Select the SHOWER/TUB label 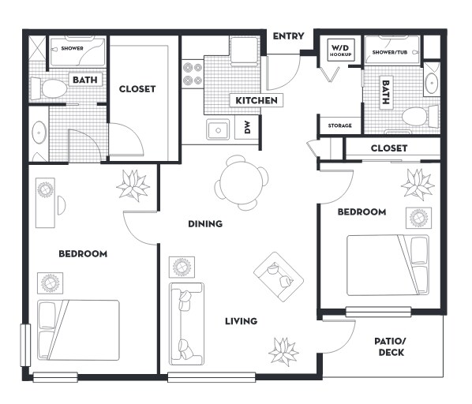point(389,52)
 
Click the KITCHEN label point(256,101)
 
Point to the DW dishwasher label point(247,129)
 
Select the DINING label point(204,224)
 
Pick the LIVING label point(241,321)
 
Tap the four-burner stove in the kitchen point(192,74)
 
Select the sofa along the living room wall point(186,323)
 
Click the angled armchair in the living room point(278,273)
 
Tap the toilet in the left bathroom point(53,88)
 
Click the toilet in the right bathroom point(416,118)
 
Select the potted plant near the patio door point(283,348)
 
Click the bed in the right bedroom point(388,264)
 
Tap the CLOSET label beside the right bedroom point(388,148)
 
